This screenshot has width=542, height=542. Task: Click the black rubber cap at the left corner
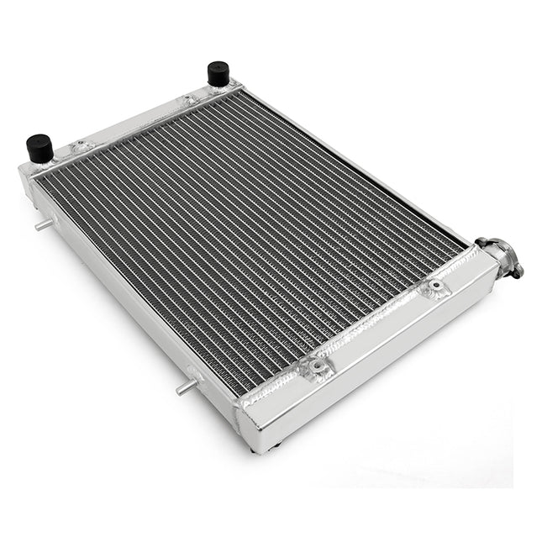39,148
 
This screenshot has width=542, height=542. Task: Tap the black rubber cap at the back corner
218,73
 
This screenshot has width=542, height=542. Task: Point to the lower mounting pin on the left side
184,387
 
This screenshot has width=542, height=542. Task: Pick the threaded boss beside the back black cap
190,100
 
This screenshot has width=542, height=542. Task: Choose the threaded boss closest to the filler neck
434,288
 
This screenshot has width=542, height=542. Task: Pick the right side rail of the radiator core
370,168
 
